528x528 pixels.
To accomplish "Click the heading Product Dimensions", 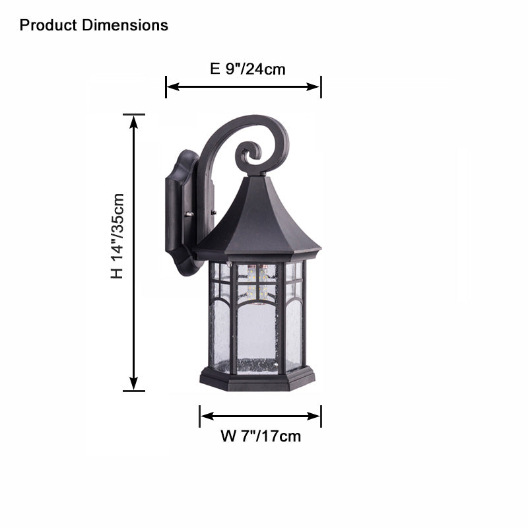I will [x=94, y=26].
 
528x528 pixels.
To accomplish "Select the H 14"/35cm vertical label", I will [x=117, y=236].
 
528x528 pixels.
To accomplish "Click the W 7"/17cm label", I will [x=260, y=436].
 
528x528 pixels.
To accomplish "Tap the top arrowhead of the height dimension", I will [x=134, y=119].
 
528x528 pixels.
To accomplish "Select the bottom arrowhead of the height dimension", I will [x=134, y=385].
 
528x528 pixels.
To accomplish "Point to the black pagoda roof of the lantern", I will [x=257, y=221].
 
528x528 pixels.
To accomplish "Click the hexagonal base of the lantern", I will [x=257, y=379].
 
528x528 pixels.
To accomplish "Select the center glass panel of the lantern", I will [x=257, y=330].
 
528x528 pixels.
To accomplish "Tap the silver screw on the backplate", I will [x=190, y=214].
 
